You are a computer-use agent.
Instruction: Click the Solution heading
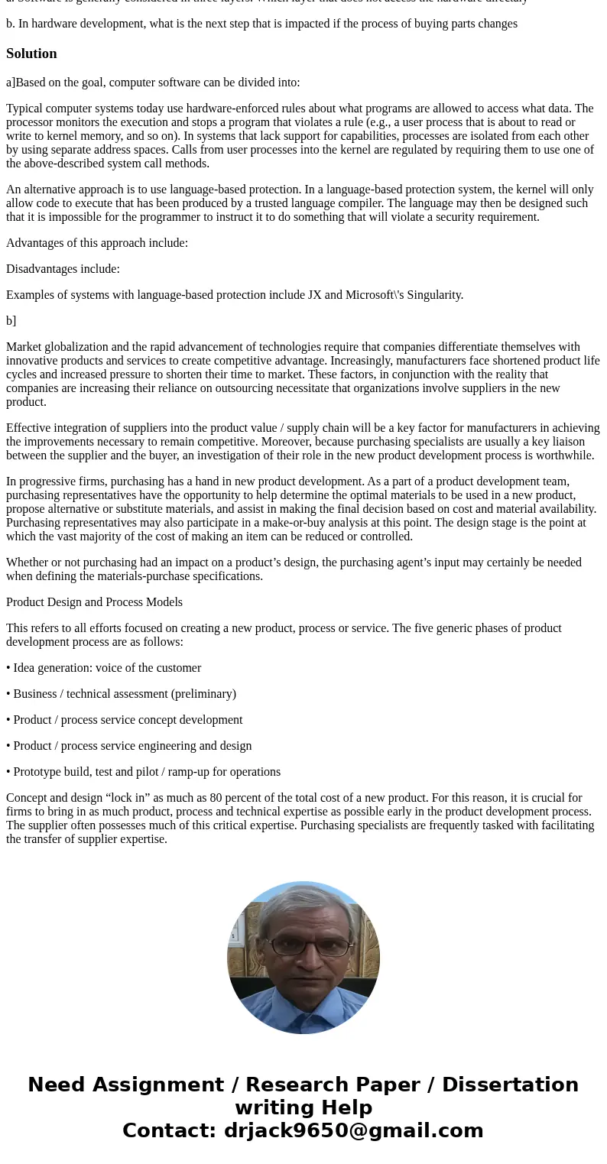(31, 53)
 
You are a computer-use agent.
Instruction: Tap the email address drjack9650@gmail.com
(353, 1130)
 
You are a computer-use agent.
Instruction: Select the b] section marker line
(11, 321)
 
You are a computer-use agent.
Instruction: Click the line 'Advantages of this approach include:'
(97, 243)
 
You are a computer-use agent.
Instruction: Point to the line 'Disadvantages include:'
(63, 269)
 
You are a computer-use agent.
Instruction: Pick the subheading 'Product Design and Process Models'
(94, 602)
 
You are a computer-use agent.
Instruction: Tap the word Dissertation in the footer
(510, 1085)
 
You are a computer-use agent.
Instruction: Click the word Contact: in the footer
(170, 1130)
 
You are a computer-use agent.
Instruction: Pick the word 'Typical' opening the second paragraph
(28, 109)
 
